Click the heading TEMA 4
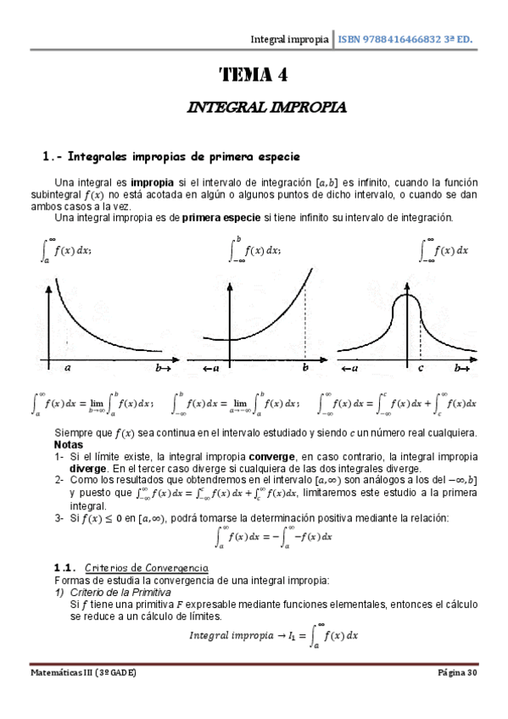coord(254,75)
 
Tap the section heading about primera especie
coord(171,157)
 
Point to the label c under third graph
coord(421,369)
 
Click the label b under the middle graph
coord(304,369)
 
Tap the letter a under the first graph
coord(67,369)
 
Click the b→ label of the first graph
coord(163,369)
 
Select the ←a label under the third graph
coord(348,369)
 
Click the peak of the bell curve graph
coord(408,296)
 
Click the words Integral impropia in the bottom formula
coord(235,634)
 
